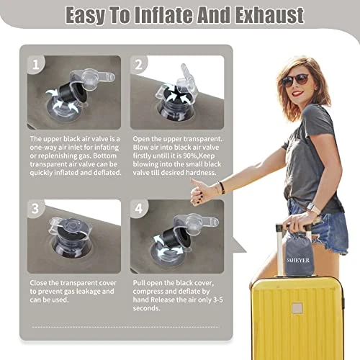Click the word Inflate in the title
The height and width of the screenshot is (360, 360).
click(164, 15)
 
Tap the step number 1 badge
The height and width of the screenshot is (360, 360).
click(36, 64)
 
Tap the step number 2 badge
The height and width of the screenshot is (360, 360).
click(139, 64)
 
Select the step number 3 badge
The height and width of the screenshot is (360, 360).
click(35, 209)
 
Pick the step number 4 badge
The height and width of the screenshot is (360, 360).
click(139, 209)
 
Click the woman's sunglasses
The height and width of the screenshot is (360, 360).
click(295, 80)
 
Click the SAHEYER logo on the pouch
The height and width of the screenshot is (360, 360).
click(298, 260)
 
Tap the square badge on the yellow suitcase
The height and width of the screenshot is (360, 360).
click(297, 308)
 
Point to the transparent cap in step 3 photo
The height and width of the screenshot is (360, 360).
click(70, 228)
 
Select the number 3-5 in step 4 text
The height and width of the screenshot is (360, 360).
click(218, 300)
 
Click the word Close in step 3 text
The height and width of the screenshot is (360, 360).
click(38, 283)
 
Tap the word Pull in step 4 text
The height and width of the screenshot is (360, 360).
click(139, 283)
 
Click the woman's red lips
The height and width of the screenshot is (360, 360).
click(298, 93)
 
